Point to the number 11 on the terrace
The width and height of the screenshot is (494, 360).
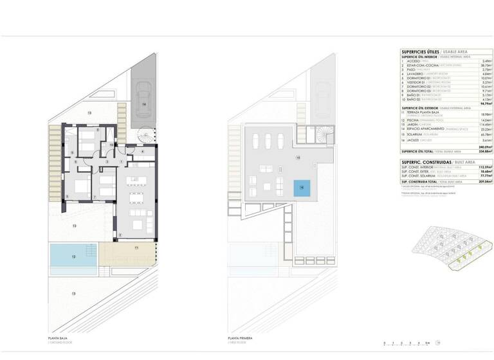coord(136,248)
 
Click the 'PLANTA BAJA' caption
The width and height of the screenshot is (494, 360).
coord(58,337)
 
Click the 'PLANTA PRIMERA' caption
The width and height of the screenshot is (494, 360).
coord(240,337)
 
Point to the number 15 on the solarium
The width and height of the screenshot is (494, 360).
coord(297,157)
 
